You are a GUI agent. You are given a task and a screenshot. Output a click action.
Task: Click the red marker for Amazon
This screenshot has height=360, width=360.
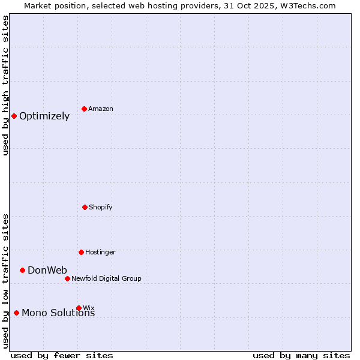[85, 109]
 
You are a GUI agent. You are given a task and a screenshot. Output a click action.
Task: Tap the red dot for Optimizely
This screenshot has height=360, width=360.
[14, 116]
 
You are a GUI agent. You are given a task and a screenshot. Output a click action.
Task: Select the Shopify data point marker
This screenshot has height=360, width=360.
[85, 207]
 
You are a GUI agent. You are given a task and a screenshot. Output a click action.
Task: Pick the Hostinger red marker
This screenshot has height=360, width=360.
[81, 252]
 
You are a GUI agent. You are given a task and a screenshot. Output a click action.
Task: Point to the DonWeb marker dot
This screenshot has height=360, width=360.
[22, 270]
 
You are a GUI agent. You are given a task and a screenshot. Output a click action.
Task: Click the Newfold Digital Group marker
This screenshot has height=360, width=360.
[67, 278]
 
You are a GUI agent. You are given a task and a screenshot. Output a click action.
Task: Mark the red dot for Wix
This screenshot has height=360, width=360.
[79, 308]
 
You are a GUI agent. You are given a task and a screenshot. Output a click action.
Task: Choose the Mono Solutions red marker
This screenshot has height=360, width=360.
[16, 313]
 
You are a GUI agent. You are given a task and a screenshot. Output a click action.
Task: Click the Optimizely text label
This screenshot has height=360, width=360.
[44, 116]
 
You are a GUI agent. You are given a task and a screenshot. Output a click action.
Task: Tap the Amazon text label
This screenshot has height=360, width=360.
[101, 109]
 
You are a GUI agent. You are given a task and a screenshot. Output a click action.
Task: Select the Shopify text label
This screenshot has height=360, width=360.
[101, 207]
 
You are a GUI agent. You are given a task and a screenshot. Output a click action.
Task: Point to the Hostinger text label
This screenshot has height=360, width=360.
[100, 252]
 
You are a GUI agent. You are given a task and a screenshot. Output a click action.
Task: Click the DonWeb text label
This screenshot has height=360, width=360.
[47, 270]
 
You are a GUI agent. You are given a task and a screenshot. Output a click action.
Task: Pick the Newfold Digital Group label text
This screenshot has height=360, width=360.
[106, 278]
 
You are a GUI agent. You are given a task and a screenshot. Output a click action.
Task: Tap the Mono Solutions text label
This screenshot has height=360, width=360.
[58, 313]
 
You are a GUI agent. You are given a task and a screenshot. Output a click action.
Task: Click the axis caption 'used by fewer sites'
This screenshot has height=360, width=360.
[62, 355]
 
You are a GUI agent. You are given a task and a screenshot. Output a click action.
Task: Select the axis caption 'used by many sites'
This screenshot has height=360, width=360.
[301, 355]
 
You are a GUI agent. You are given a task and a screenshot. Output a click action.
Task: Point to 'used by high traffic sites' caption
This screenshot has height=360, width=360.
[5, 85]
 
